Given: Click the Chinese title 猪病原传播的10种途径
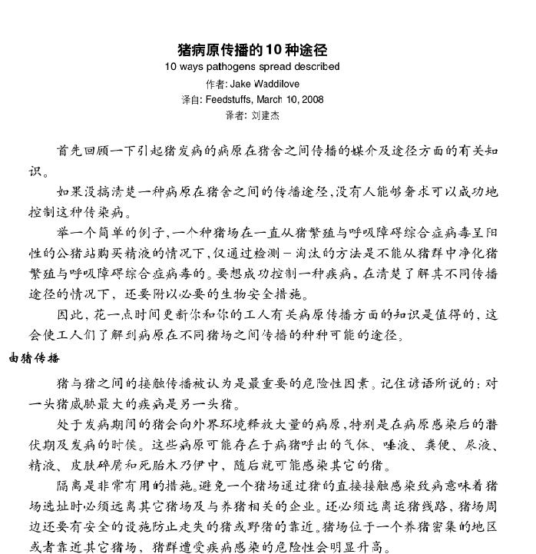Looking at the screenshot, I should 253,51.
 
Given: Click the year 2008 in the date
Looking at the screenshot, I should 313,99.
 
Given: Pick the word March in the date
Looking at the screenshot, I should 270,99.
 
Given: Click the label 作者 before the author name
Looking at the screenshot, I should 216,83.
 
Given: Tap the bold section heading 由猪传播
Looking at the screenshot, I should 34,359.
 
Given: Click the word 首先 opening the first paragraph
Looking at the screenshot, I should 68,150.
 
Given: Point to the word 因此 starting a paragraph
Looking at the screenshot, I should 68,315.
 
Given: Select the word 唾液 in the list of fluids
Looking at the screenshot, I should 399,445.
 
